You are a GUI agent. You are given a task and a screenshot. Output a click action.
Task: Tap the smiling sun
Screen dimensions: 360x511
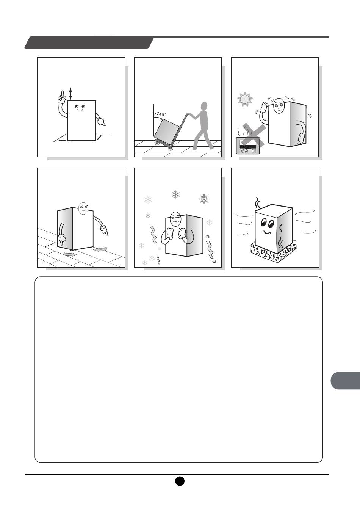click(245, 99)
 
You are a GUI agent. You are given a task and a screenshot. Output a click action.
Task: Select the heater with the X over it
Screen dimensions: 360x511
click(248, 145)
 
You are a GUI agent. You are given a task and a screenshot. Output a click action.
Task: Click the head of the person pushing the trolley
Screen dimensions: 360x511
click(205, 106)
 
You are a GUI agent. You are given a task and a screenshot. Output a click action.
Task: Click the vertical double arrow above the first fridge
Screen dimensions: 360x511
click(70, 94)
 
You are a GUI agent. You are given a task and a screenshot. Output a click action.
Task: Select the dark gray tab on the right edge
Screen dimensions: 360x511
click(345, 381)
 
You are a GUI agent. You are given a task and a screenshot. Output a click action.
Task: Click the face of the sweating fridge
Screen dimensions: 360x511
click(279, 105)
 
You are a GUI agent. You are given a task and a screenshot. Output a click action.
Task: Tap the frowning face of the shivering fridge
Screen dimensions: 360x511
click(175, 219)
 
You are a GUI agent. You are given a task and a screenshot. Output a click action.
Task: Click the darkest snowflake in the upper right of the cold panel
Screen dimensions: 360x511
click(204, 199)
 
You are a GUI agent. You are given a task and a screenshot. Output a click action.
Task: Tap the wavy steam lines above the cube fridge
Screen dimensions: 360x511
click(258, 203)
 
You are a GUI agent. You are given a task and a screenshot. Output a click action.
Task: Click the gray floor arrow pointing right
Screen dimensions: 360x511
click(70, 254)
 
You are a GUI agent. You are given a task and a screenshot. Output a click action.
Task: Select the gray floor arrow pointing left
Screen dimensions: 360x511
click(100, 249)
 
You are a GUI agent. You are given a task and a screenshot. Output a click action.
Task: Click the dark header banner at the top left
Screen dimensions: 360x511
click(89, 42)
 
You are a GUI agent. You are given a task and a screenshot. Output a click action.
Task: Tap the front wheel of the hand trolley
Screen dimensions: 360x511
click(157, 143)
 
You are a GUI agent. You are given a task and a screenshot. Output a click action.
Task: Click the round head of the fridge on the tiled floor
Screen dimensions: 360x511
click(83, 208)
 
